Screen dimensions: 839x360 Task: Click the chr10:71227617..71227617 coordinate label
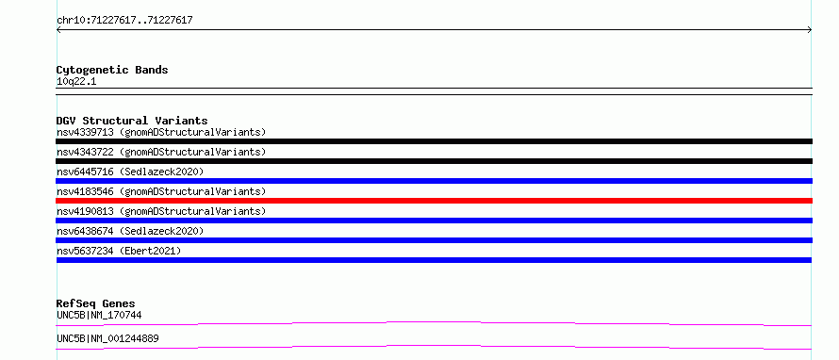tap(124, 21)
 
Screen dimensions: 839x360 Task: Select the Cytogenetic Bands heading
tap(112, 70)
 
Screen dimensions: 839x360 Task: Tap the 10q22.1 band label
tap(76, 82)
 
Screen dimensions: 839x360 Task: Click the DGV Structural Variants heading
tap(132, 121)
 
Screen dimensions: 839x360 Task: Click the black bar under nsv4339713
tap(434, 141)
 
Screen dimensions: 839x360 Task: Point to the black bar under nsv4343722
tap(434, 161)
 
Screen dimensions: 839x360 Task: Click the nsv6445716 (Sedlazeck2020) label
tap(130, 172)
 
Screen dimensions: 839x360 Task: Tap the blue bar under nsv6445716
tap(434, 181)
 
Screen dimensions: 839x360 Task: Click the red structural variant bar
tap(434, 201)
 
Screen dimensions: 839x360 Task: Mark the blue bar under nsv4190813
tap(434, 221)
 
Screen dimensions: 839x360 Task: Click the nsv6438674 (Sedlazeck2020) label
tap(130, 231)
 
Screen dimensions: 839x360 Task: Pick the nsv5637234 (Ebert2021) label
tap(119, 251)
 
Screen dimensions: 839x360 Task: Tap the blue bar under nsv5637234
tap(434, 260)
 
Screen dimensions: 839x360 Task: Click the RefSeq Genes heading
tap(96, 303)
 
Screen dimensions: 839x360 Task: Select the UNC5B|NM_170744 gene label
tap(99, 316)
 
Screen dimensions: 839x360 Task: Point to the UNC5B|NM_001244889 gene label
tap(107, 339)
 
